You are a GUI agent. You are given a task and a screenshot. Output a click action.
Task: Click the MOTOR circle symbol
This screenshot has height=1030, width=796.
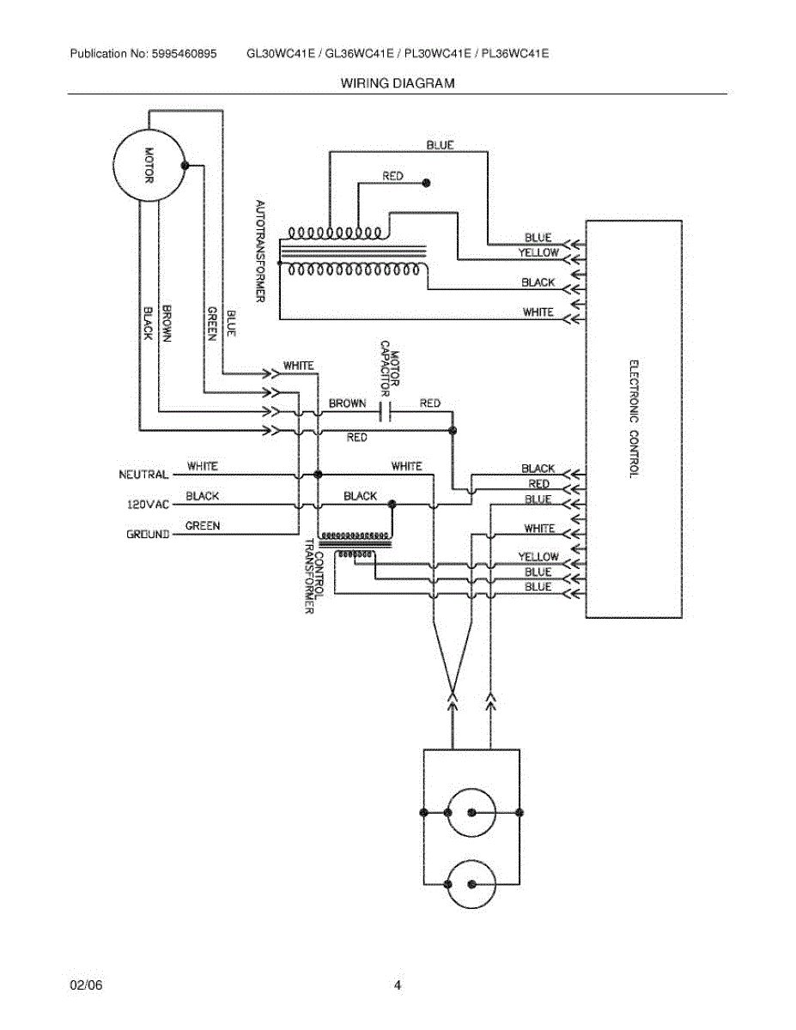(x=149, y=166)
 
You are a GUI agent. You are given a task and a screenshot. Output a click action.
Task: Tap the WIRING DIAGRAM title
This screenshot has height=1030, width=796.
(x=398, y=83)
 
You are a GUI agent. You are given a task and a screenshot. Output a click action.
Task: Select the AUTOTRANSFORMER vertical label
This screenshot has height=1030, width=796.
(x=260, y=250)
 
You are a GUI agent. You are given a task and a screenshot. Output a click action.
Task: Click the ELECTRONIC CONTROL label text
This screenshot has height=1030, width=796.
(x=635, y=418)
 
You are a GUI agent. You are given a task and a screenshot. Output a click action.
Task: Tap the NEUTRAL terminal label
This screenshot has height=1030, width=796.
(x=143, y=475)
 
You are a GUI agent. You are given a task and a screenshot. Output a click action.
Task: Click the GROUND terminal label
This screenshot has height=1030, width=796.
(x=148, y=534)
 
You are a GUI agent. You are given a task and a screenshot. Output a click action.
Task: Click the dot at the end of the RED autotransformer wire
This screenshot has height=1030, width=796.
(x=426, y=183)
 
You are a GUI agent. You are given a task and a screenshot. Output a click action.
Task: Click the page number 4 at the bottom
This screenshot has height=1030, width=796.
(x=398, y=985)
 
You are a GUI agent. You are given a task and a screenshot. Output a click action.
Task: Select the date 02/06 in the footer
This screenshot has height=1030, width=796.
(x=86, y=985)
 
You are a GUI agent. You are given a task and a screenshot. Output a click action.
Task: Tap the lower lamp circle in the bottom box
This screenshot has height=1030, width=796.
(x=471, y=884)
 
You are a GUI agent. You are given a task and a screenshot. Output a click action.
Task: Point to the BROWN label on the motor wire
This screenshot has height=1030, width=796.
(x=167, y=324)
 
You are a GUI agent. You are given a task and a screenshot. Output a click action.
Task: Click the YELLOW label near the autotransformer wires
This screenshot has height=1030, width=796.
(x=538, y=252)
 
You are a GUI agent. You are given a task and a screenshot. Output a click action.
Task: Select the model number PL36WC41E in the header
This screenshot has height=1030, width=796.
(x=515, y=53)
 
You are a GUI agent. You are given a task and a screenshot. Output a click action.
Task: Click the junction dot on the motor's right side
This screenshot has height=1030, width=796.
(x=184, y=166)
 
